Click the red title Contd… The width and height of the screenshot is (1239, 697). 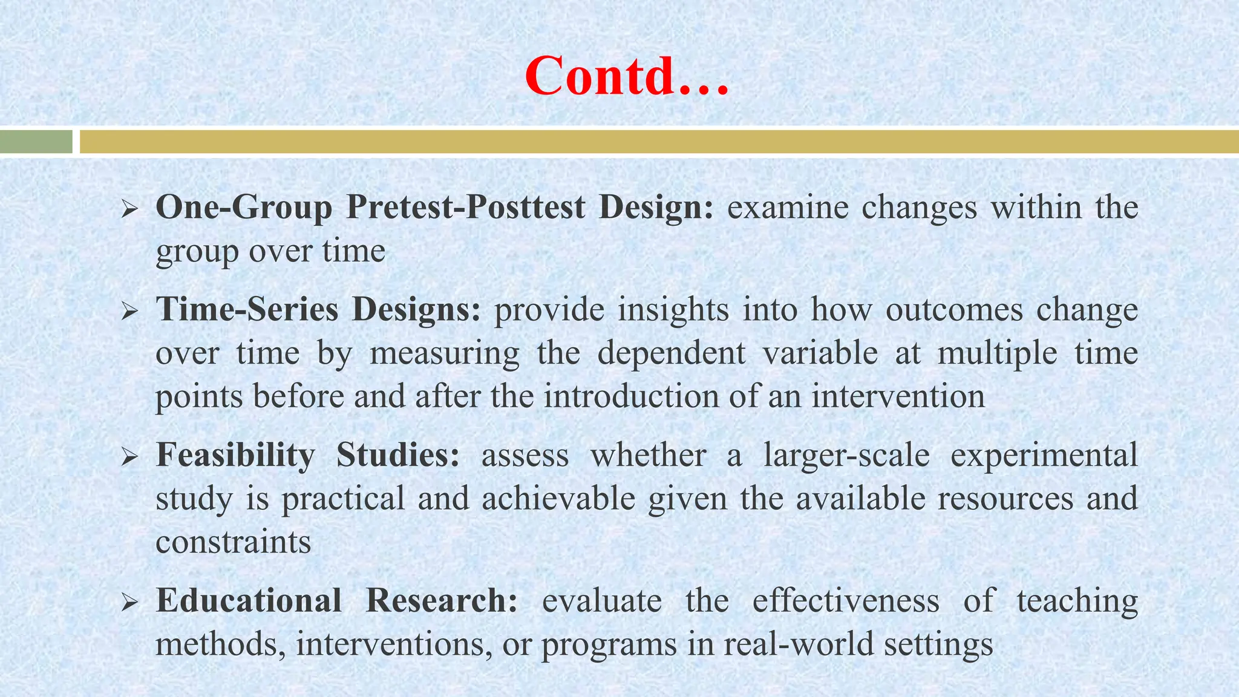click(627, 76)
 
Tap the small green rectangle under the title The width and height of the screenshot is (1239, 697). click(36, 142)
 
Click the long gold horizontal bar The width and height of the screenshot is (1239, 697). click(658, 142)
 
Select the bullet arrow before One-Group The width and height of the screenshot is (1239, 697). click(130, 210)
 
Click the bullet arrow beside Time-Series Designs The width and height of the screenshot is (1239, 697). click(130, 312)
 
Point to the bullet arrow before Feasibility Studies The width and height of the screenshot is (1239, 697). click(130, 457)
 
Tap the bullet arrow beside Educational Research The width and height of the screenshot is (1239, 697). click(130, 603)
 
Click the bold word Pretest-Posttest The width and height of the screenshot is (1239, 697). click(466, 207)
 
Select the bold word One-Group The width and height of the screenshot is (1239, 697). click(244, 207)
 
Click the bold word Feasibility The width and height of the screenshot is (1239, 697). click(235, 455)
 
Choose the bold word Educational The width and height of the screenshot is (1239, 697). click(249, 600)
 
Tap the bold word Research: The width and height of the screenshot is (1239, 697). click(442, 600)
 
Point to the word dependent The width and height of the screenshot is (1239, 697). click(672, 353)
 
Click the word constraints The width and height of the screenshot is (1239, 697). click(233, 542)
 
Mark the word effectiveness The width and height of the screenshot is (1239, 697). click(846, 600)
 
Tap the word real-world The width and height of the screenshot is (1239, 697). click(799, 644)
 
